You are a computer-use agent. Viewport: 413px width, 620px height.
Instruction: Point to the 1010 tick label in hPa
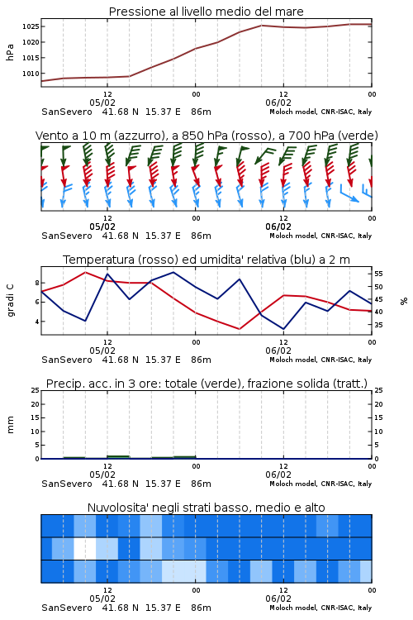[x=30, y=74]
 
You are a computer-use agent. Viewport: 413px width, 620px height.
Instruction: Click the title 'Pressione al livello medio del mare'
[x=206, y=12]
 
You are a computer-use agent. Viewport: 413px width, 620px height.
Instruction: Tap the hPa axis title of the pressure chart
[x=10, y=52]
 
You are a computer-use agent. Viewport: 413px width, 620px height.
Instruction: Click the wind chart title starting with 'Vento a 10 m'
[x=206, y=136]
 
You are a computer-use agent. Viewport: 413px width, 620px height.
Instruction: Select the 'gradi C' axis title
[x=10, y=300]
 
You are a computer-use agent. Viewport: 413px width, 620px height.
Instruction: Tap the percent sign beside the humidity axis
[x=404, y=301]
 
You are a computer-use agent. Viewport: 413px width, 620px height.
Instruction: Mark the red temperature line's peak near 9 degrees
[x=85, y=272]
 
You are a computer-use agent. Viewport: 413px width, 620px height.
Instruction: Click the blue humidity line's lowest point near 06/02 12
[x=283, y=329]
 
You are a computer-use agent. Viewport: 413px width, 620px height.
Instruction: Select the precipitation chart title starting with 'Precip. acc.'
[x=206, y=384]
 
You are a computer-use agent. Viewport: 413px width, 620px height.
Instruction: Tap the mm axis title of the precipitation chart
[x=10, y=425]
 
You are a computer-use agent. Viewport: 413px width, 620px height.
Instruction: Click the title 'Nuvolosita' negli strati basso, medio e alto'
[x=206, y=508]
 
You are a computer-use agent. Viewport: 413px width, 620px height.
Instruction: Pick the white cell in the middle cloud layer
[x=85, y=548]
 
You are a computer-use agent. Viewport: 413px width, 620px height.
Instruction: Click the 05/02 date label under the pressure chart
[x=102, y=103]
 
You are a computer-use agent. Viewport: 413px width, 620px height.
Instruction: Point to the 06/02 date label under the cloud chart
[x=278, y=599]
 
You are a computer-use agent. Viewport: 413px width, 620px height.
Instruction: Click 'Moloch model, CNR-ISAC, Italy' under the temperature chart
[x=320, y=360]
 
